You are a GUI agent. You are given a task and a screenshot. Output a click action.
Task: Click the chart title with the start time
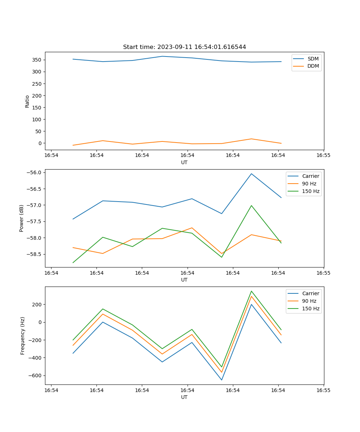(x=184, y=47)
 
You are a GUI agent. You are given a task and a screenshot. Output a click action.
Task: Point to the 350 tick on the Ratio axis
(x=37, y=60)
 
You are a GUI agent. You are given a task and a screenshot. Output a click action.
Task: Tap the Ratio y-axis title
(x=27, y=102)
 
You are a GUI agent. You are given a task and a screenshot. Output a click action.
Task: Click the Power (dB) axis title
(x=22, y=218)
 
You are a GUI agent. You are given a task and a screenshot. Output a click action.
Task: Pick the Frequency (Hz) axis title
(x=23, y=336)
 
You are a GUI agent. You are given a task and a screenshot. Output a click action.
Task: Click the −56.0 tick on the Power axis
(x=35, y=172)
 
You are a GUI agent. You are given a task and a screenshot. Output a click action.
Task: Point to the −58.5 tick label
(x=35, y=254)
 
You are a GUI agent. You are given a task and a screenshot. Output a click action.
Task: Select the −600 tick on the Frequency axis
(x=35, y=375)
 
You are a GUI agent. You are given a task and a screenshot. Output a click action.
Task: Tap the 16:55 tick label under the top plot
(x=323, y=156)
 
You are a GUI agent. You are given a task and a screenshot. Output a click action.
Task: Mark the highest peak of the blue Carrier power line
(x=251, y=174)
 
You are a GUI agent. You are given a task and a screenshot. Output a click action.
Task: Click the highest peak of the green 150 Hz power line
(x=251, y=206)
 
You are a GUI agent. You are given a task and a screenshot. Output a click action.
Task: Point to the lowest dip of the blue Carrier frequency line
(x=221, y=380)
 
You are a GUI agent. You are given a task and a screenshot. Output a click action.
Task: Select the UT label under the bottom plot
(x=184, y=397)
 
